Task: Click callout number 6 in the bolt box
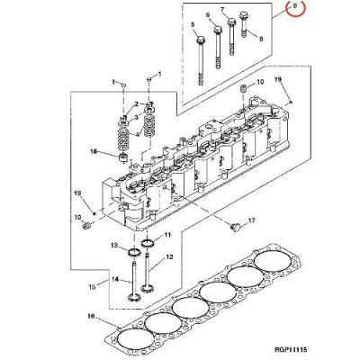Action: coord(208,16)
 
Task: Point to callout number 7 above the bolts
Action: coord(222,11)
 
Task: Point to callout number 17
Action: coord(252,220)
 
